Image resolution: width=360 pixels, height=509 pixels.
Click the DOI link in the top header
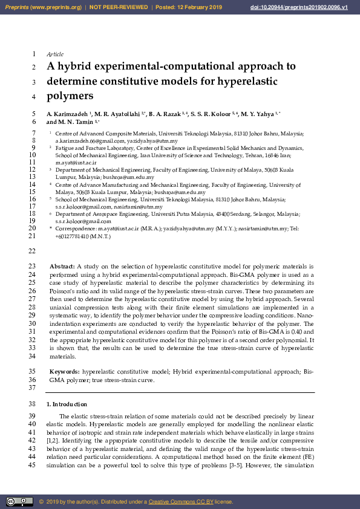(x=307, y=7)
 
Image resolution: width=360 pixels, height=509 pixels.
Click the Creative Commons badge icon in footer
(x=19, y=501)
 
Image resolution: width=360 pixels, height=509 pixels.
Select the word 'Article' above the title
(x=55, y=54)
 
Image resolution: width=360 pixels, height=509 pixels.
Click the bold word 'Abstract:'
(x=62, y=266)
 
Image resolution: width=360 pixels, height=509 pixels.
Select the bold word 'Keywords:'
(x=64, y=371)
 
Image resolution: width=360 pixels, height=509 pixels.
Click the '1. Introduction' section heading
(x=67, y=404)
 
